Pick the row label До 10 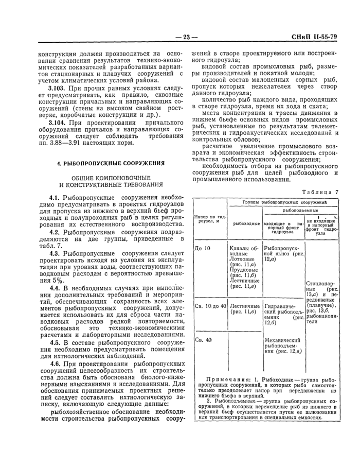tap(203, 248)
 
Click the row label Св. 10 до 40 tap(210, 306)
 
